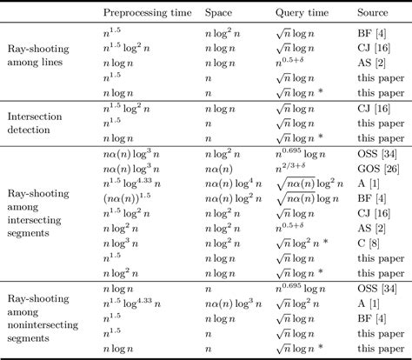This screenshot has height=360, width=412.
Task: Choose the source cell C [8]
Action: (x=369, y=246)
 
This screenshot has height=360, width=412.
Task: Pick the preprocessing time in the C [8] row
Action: (x=123, y=246)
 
